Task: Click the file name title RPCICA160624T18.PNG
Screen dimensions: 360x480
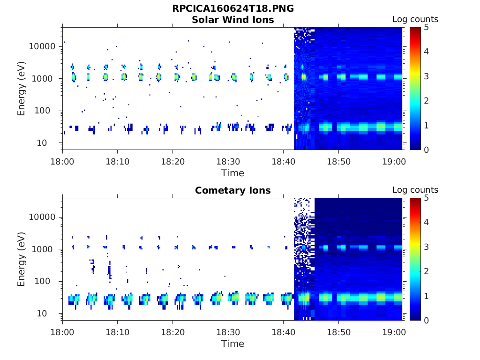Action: click(x=232, y=8)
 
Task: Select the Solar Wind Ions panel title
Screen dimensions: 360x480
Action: click(x=232, y=20)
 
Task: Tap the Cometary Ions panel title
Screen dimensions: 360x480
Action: click(x=232, y=190)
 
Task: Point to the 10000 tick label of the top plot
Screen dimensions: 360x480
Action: click(x=42, y=46)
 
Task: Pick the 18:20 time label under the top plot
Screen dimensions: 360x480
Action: click(x=172, y=161)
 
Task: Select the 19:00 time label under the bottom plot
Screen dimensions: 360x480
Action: click(x=394, y=332)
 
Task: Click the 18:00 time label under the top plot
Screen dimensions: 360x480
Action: click(x=62, y=161)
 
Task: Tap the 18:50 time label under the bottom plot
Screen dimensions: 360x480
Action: click(x=338, y=332)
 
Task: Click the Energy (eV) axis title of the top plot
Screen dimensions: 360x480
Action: click(x=22, y=89)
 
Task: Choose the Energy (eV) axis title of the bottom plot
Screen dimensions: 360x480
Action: click(x=22, y=259)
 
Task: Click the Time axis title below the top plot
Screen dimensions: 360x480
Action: click(x=232, y=173)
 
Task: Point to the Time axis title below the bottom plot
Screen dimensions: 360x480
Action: click(x=232, y=344)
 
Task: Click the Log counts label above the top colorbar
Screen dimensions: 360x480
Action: click(x=415, y=19)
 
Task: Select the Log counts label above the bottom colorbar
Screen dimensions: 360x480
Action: click(x=415, y=190)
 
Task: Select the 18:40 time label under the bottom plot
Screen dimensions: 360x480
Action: click(x=283, y=332)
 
